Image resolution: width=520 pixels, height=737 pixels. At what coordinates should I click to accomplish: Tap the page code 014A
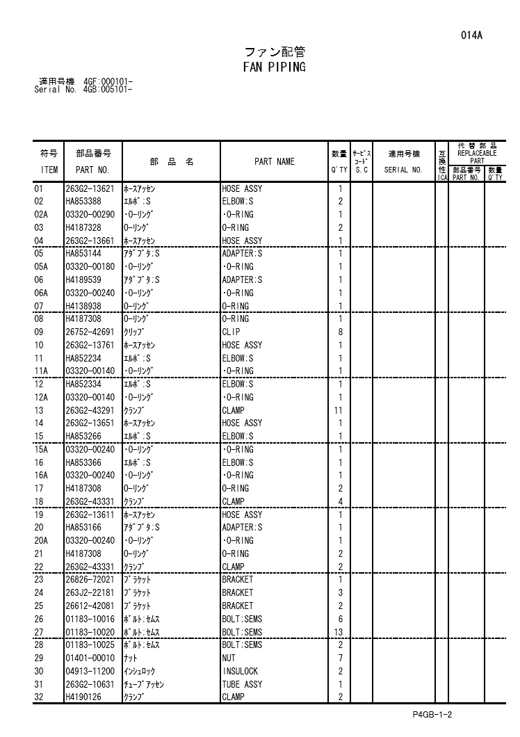pos(471,35)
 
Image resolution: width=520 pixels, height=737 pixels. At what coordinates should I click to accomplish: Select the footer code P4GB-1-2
pos(431,715)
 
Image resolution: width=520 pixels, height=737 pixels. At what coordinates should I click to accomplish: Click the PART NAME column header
pos(274,162)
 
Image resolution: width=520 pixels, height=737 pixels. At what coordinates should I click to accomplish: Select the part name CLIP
pos(231,332)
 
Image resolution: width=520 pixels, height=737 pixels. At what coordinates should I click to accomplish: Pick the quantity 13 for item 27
pos(340,632)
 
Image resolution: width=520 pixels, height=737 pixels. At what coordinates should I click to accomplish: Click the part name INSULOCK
pos(240,671)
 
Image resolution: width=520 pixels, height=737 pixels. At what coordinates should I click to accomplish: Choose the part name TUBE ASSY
pos(242,684)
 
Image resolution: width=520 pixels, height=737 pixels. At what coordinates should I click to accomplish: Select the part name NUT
pos(229,658)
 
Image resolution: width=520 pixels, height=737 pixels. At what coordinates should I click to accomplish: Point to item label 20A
pos(41,540)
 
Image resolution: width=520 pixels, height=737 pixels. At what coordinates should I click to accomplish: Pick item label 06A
pos(41,293)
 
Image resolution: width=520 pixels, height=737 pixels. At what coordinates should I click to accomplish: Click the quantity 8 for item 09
pos(340,332)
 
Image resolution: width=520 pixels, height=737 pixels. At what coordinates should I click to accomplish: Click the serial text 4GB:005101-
pos(108,90)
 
